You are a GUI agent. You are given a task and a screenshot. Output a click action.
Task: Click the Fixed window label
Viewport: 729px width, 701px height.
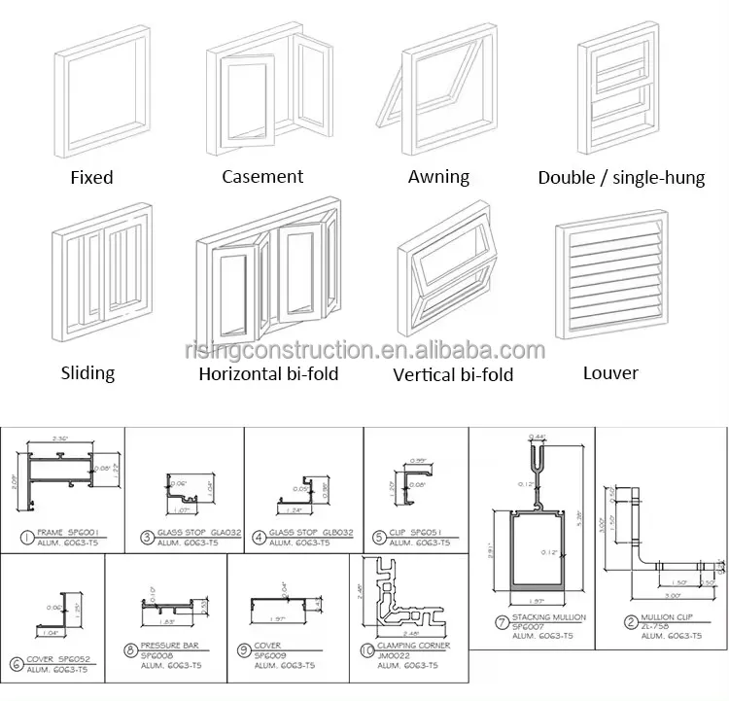[91, 177]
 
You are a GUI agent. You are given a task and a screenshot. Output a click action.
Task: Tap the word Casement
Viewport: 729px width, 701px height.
[262, 176]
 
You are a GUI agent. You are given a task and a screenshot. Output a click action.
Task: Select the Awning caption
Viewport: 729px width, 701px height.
[438, 177]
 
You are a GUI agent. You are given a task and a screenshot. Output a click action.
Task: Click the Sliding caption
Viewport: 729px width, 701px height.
[87, 372]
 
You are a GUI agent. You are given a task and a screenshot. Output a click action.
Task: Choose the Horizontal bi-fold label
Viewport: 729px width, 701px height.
[268, 372]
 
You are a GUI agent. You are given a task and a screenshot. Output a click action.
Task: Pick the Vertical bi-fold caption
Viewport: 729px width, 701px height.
[453, 373]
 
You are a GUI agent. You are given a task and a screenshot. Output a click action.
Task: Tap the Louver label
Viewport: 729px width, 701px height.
[610, 372]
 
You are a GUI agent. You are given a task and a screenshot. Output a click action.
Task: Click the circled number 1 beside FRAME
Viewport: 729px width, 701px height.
[24, 534]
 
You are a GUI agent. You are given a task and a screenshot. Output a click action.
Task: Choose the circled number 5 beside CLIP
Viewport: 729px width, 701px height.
[379, 534]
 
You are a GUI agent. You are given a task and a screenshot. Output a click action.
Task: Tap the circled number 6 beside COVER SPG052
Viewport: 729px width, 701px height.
[15, 664]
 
